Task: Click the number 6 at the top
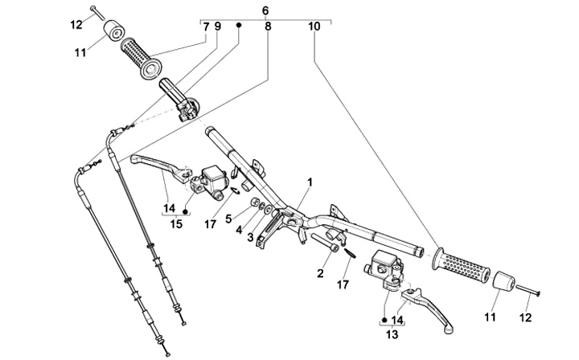click(266, 9)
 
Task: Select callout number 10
click(314, 27)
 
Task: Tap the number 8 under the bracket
click(268, 27)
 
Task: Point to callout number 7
click(206, 27)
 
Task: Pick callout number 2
click(319, 273)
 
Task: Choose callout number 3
click(250, 237)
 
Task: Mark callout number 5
click(228, 218)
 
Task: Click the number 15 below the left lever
click(176, 223)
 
